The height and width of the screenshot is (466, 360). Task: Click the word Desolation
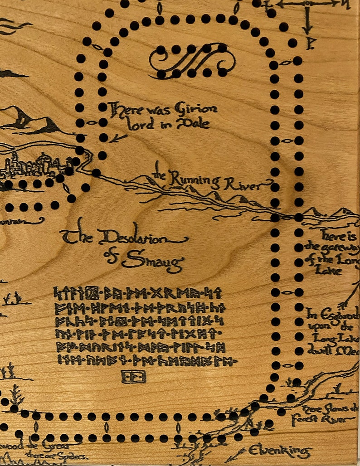[x=136, y=238]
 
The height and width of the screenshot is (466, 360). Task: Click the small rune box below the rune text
[x=133, y=376]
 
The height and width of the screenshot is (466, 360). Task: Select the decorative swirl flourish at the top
[x=193, y=61]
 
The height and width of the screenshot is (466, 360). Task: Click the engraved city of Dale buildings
[x=32, y=165]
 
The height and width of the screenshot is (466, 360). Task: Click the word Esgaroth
[x=336, y=313]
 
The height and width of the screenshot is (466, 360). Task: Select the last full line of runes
[x=145, y=361]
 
